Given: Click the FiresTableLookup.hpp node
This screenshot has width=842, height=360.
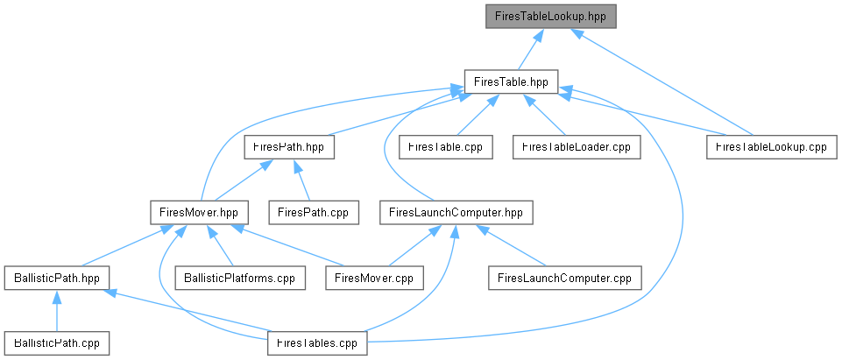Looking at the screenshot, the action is pos(550,16).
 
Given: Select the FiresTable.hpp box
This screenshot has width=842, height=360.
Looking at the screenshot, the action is pos(511,81).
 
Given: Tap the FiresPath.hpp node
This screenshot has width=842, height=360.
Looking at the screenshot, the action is pos(289,146).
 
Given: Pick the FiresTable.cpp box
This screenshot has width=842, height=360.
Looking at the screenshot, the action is pos(446,146).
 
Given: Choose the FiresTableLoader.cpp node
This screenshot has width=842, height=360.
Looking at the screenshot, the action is pos(577,146).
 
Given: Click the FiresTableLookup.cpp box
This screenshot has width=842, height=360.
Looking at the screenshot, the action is pos(772,146).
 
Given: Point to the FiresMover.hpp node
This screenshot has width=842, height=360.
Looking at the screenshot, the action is pos(199,212).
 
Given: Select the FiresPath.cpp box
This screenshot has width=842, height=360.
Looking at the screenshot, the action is pos(314,212).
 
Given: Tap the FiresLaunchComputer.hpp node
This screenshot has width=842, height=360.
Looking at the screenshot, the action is pos(456,212).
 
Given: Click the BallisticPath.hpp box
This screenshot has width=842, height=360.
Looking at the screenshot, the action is pos(56,278).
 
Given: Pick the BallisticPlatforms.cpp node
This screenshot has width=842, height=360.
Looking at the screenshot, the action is pos(241,278).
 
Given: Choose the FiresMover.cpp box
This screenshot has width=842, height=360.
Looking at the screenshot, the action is pos(374,278).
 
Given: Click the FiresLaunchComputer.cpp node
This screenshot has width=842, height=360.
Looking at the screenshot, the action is pos(565,278).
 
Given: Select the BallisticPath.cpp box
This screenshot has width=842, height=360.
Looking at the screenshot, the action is pos(56,342).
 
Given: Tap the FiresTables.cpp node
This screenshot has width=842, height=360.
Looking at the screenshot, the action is pos(317,342).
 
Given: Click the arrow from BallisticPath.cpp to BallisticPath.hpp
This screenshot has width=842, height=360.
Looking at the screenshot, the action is pos(56,311).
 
